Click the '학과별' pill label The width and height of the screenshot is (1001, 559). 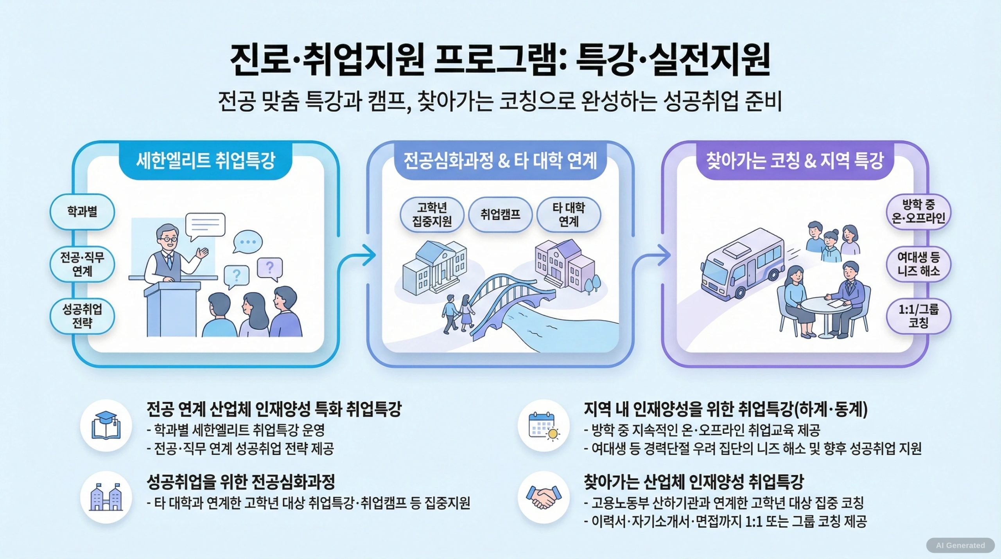click(82, 212)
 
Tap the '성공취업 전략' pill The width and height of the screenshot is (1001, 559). click(82, 316)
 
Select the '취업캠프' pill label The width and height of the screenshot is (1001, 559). click(500, 214)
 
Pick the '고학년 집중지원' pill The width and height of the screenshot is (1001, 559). click(432, 214)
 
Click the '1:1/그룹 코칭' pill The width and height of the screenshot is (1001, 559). click(918, 316)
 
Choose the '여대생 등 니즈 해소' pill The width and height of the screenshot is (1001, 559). click(918, 264)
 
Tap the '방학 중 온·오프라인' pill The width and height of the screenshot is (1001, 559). click(918, 211)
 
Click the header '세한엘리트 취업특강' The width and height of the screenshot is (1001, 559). click(206, 161)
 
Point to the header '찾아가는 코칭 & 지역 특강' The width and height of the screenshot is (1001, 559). click(795, 161)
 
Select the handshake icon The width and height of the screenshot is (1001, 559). click(543, 497)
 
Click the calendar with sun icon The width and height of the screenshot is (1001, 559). click(543, 426)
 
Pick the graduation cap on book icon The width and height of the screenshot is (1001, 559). click(106, 426)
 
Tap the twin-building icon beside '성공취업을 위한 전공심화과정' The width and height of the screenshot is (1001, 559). click(106, 497)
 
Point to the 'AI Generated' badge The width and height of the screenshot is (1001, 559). click(960, 545)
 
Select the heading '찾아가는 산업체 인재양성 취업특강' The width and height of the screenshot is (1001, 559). click(693, 482)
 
